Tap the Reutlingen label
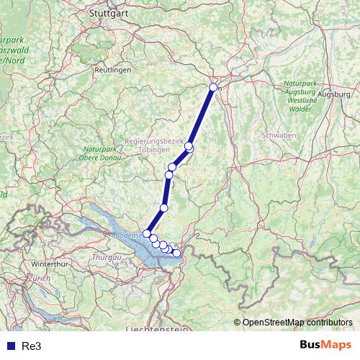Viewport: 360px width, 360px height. [x=112, y=70]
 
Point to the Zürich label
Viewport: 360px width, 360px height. [x=40, y=278]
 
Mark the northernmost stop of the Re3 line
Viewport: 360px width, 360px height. [x=213, y=88]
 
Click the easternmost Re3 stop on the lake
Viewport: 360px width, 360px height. [x=177, y=253]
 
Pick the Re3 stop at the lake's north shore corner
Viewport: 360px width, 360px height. [x=147, y=233]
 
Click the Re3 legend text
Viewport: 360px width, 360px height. [x=31, y=346]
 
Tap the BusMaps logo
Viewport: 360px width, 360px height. [x=325, y=345]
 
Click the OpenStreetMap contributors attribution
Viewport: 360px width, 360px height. [x=297, y=322]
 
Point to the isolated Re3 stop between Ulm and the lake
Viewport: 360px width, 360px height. [x=164, y=208]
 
